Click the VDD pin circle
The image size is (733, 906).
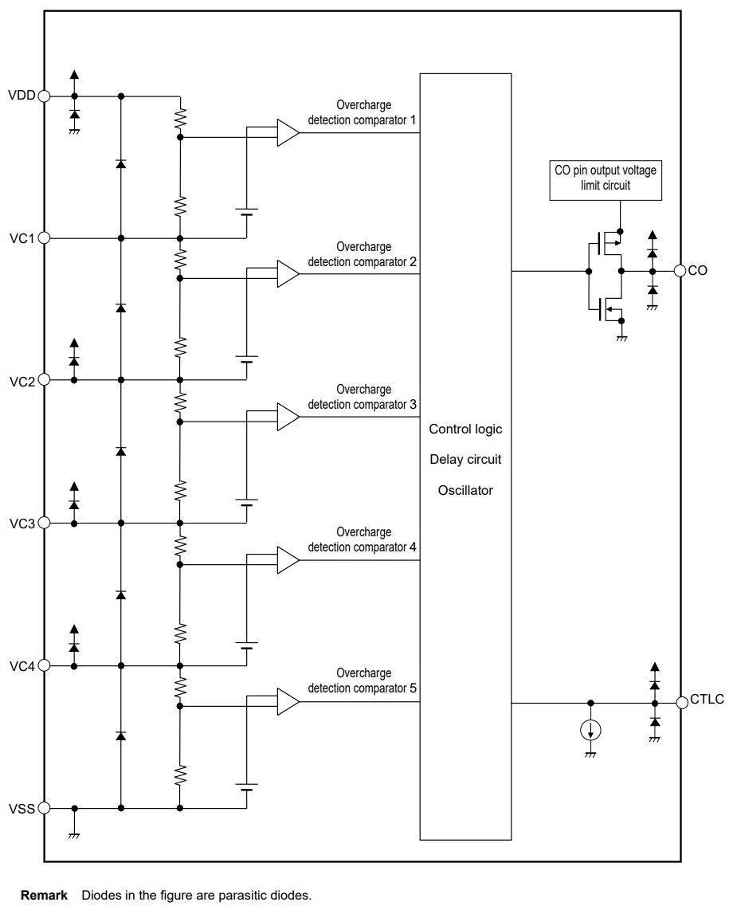(45, 96)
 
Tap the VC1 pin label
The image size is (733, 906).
(22, 238)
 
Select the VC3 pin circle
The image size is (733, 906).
(45, 523)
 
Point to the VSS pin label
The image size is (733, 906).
(22, 809)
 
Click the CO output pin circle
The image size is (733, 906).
(680, 271)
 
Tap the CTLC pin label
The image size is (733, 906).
(708, 700)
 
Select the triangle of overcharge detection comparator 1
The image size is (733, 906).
(288, 132)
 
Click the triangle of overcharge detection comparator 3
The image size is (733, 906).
(288, 418)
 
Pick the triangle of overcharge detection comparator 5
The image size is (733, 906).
(288, 702)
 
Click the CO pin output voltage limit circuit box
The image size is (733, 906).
(605, 178)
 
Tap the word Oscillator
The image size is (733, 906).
(465, 490)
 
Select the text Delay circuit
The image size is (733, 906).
(465, 460)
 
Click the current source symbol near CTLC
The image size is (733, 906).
(590, 729)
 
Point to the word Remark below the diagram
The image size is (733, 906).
(44, 896)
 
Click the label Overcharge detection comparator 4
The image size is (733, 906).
(363, 539)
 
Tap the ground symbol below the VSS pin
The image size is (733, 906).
(74, 833)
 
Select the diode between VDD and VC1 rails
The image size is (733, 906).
(121, 164)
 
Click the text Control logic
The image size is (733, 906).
(465, 429)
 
